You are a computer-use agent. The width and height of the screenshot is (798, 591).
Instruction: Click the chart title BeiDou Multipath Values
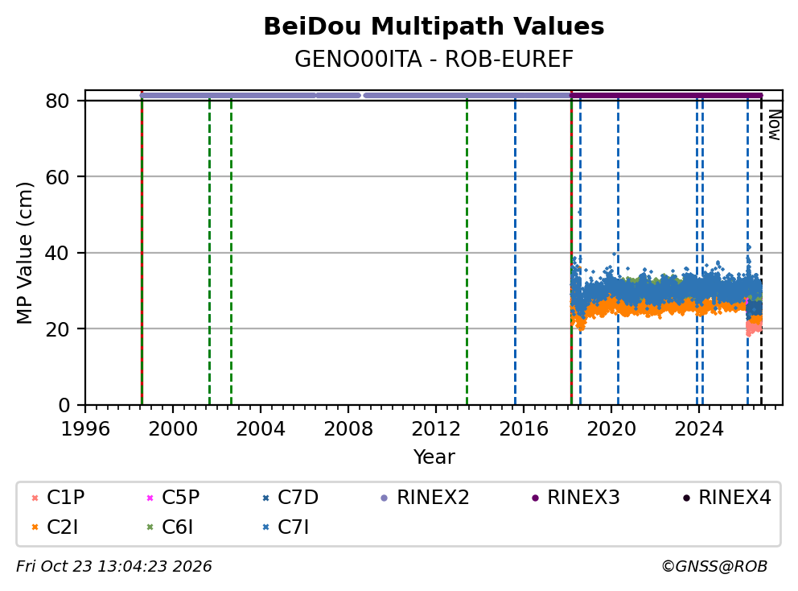pos(434,27)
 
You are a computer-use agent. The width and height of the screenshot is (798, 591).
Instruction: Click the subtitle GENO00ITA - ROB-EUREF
pos(434,59)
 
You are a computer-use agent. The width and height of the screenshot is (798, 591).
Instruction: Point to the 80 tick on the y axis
pos(57,101)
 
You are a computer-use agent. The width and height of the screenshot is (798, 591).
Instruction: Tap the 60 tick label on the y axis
pos(57,177)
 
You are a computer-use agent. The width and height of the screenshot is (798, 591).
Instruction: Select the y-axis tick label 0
pos(64,405)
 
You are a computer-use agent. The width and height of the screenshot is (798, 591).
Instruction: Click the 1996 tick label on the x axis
pos(85,429)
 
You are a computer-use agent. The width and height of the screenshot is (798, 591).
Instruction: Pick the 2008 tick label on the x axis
pos(348,429)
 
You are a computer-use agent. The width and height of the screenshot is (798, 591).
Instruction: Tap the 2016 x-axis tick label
pos(524,429)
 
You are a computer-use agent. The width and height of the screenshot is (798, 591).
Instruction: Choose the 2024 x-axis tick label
pos(699,429)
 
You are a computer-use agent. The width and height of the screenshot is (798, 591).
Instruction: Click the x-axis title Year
pos(434,457)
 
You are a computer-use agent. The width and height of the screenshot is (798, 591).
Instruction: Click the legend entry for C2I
pos(55,527)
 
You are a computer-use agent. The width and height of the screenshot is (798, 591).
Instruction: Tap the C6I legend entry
pos(170,527)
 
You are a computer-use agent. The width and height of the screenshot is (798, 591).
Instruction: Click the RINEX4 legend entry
pos(726,498)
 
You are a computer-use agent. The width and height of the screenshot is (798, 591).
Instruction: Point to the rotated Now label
pos(774,125)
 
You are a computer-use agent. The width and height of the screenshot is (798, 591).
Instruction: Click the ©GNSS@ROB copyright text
pos(714,566)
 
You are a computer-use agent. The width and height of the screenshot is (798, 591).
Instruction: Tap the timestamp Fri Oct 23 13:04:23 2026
pos(114,566)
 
